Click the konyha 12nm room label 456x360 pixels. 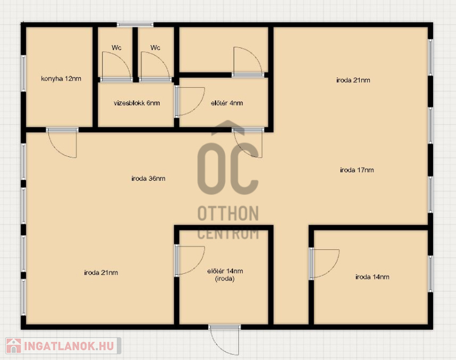click(61, 79)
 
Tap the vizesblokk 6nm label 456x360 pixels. click(137, 103)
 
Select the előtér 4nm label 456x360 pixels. click(227, 103)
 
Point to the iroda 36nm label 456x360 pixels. click(148, 179)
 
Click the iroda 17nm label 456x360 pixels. click(357, 170)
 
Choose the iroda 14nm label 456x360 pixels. click(372, 277)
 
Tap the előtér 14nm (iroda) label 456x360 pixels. click(225, 275)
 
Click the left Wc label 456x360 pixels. click(116, 47)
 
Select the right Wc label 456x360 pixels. click(155, 47)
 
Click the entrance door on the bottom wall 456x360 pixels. click(224, 340)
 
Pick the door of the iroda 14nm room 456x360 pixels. click(324, 264)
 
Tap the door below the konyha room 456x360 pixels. click(62, 143)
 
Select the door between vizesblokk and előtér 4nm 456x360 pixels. click(189, 102)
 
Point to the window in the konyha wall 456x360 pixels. click(23, 74)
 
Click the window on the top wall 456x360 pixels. click(135, 25)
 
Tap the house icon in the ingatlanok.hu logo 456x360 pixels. click(14, 346)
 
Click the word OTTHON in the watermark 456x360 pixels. click(228, 213)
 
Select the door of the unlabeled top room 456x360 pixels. click(248, 62)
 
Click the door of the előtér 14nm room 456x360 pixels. click(189, 261)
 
